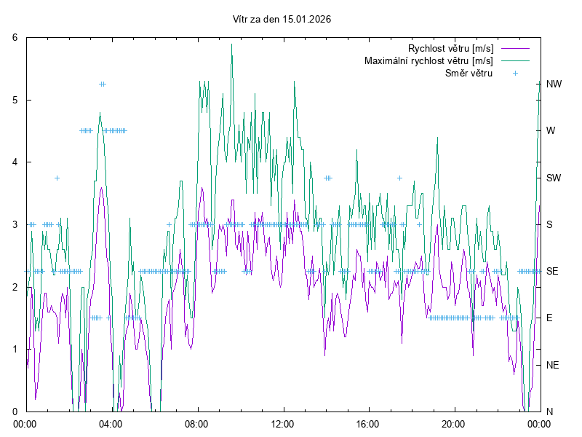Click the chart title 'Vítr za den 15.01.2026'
(281, 20)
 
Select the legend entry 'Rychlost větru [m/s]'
(450, 49)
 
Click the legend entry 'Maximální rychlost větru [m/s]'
(428, 60)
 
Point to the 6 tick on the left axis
(15, 37)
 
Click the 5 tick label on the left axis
(15, 100)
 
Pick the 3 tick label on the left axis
(15, 224)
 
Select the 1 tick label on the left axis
(15, 349)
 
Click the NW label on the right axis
(554, 84)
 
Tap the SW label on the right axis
(554, 178)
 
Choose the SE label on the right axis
(553, 271)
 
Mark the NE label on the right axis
(553, 365)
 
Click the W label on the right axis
(551, 131)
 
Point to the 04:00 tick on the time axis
(111, 423)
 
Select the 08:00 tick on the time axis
(196, 423)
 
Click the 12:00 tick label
(282, 423)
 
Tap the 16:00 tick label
(367, 423)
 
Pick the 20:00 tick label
(453, 423)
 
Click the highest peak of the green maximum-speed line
(231, 44)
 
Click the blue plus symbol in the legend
(514, 73)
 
